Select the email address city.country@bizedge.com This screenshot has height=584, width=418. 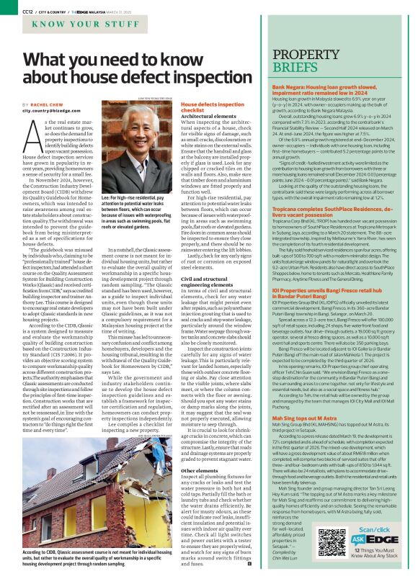(x=55, y=112)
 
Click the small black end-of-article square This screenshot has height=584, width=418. (x=249, y=562)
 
